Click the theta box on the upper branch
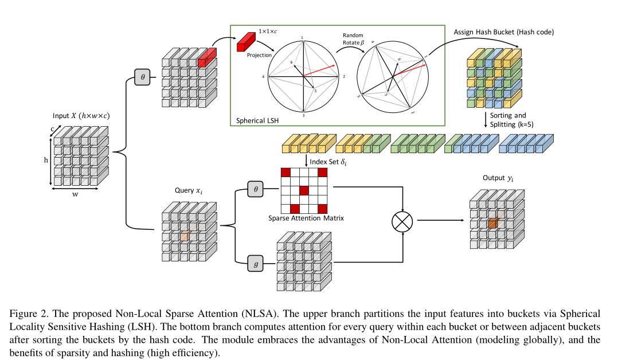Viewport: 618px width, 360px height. [142, 76]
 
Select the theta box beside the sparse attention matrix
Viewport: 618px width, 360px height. [255, 188]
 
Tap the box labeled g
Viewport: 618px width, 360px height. [255, 263]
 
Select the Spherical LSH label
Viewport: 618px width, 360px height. [256, 122]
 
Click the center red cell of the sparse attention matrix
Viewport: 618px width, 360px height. [304, 190]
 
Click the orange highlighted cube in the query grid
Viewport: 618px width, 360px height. [184, 236]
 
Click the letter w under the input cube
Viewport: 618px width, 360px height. [75, 194]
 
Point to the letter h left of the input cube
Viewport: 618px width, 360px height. [46, 161]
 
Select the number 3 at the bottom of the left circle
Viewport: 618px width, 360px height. [302, 116]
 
